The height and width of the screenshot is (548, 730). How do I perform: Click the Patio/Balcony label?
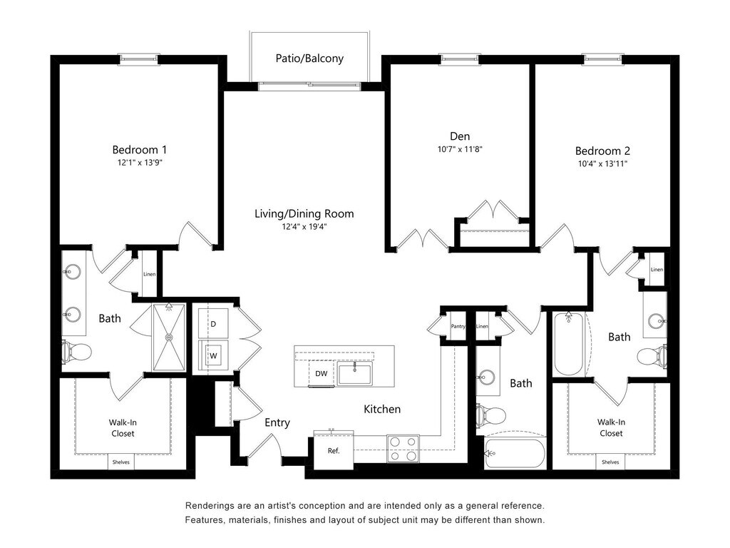(309, 59)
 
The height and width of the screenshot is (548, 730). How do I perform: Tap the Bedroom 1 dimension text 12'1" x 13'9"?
(140, 163)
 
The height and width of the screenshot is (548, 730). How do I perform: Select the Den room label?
(460, 136)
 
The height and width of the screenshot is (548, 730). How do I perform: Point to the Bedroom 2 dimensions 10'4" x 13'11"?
(602, 163)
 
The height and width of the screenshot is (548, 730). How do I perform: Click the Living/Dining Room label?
(304, 213)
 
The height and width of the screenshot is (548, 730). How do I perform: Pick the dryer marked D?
(212, 324)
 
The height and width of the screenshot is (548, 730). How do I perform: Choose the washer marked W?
(212, 355)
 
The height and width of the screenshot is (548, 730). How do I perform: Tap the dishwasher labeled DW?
(322, 373)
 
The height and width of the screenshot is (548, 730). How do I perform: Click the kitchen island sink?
(354, 372)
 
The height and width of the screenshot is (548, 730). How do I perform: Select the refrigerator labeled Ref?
(333, 451)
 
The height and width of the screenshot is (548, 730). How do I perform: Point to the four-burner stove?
(403, 448)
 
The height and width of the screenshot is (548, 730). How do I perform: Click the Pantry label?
(458, 326)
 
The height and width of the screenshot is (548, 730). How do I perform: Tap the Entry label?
(277, 422)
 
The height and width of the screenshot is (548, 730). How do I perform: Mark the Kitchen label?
(382, 409)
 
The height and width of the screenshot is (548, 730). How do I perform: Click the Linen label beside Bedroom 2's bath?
(657, 270)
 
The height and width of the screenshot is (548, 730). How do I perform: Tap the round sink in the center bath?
(488, 377)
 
